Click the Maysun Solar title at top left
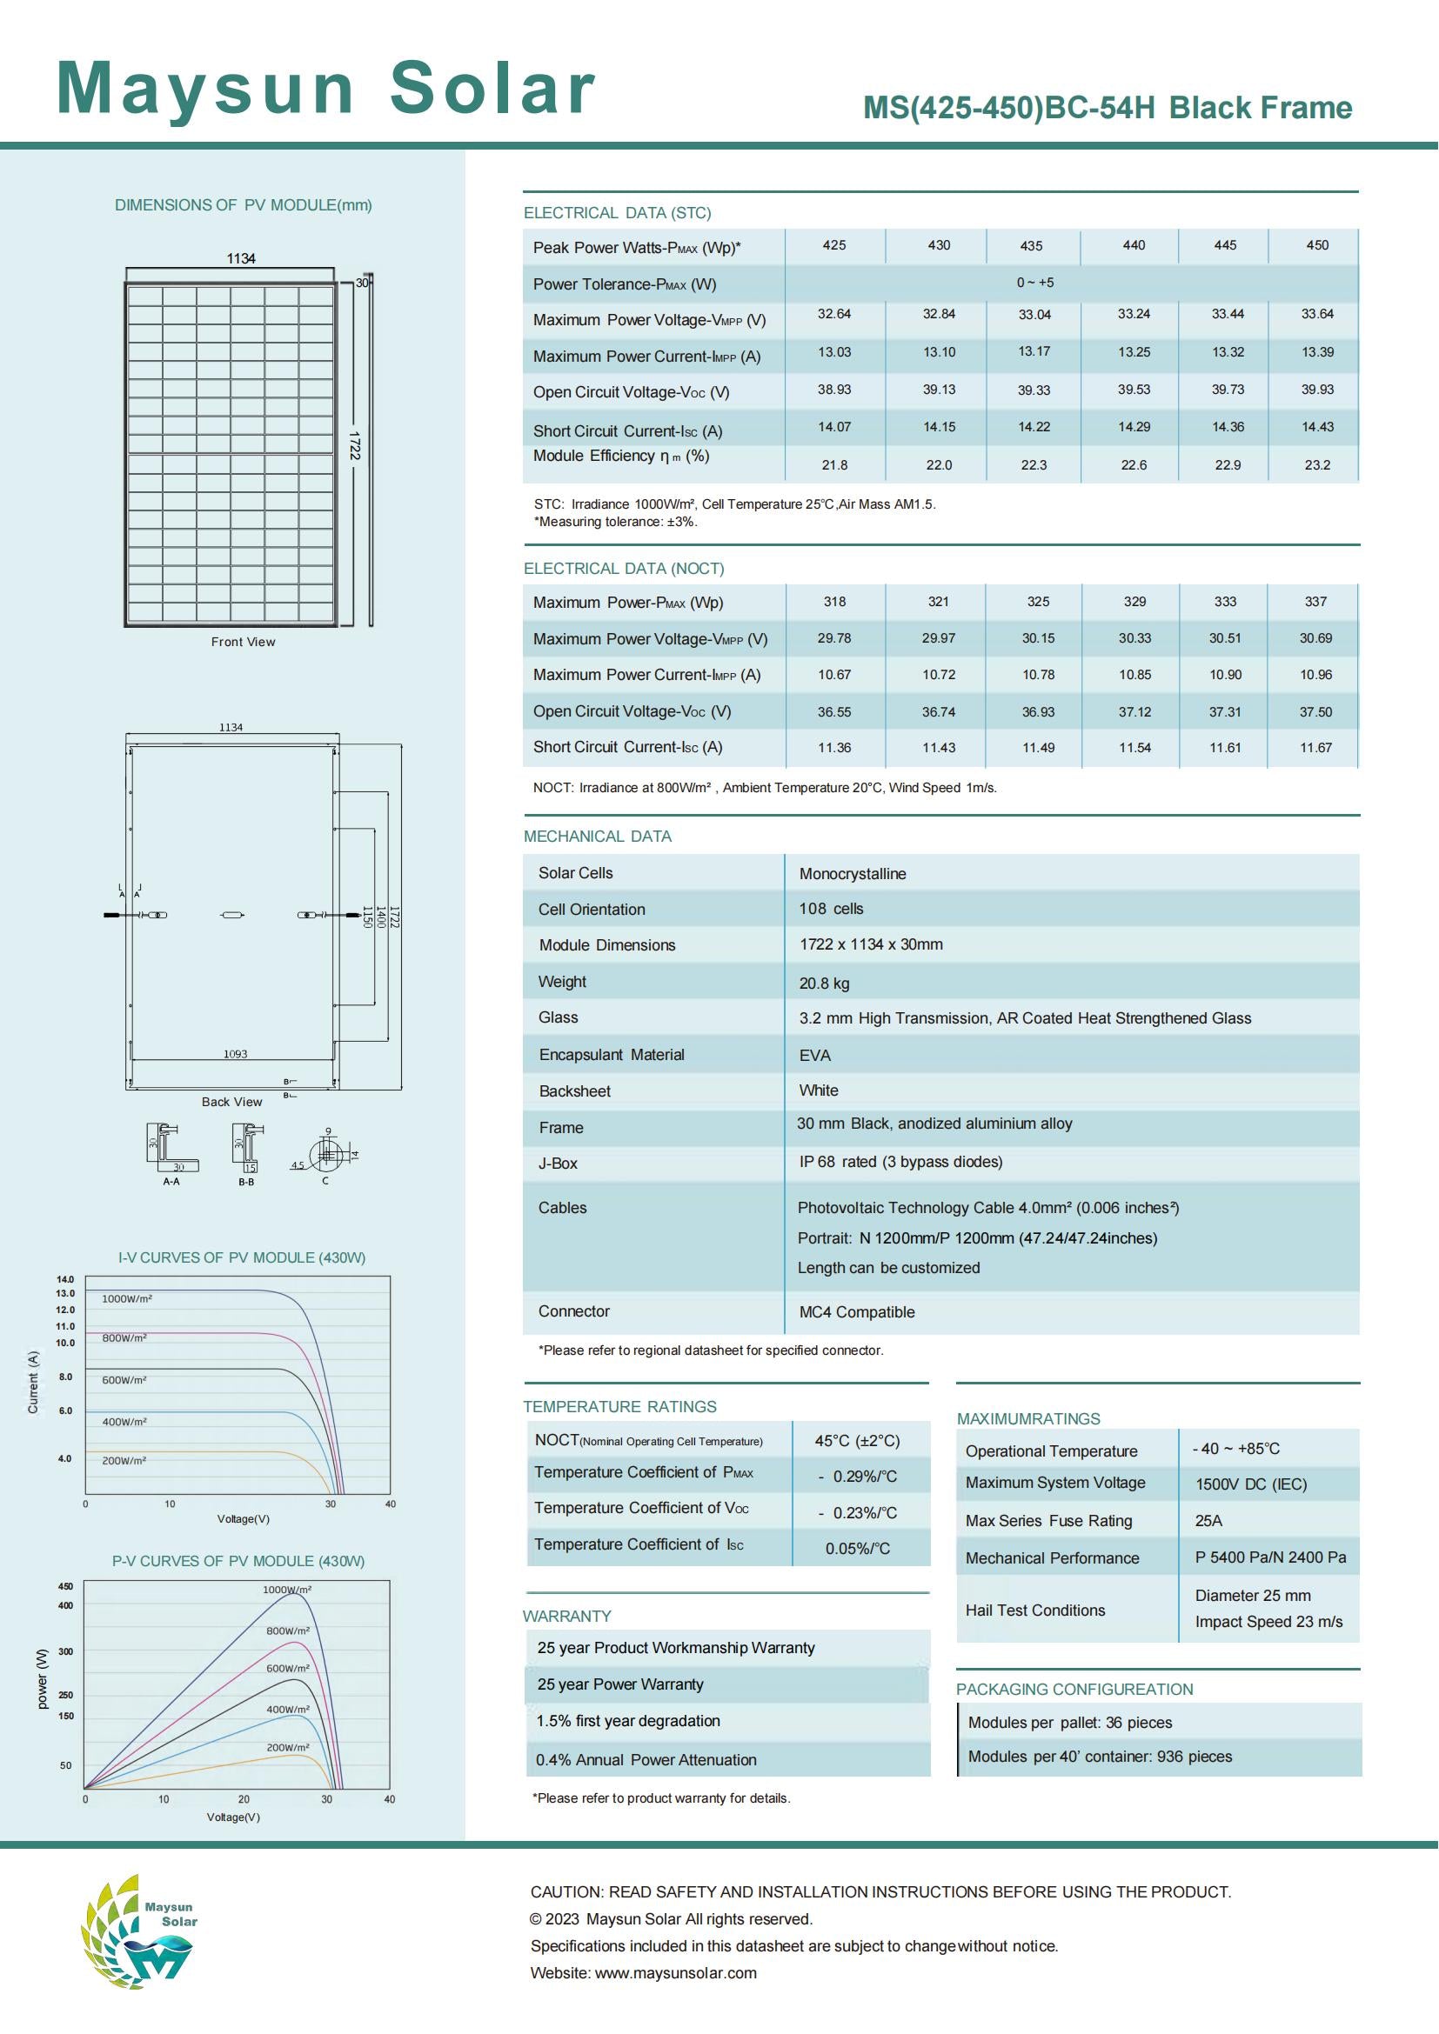(x=325, y=89)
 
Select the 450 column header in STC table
(x=1316, y=245)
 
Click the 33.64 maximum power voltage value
(x=1316, y=315)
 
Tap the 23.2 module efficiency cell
(x=1316, y=465)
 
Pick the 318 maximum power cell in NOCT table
(x=833, y=602)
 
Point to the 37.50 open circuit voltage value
(x=1315, y=712)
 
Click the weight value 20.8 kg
(x=824, y=984)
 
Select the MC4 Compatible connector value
(x=856, y=1312)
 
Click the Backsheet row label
(x=574, y=1091)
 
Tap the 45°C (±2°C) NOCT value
(x=857, y=1441)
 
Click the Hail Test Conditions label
(x=1035, y=1611)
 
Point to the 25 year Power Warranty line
(x=619, y=1684)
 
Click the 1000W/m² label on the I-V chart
(x=127, y=1298)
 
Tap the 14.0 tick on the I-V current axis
(x=65, y=1279)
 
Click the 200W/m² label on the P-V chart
(x=288, y=1748)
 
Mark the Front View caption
(x=243, y=643)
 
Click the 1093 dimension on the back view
(x=235, y=1054)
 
